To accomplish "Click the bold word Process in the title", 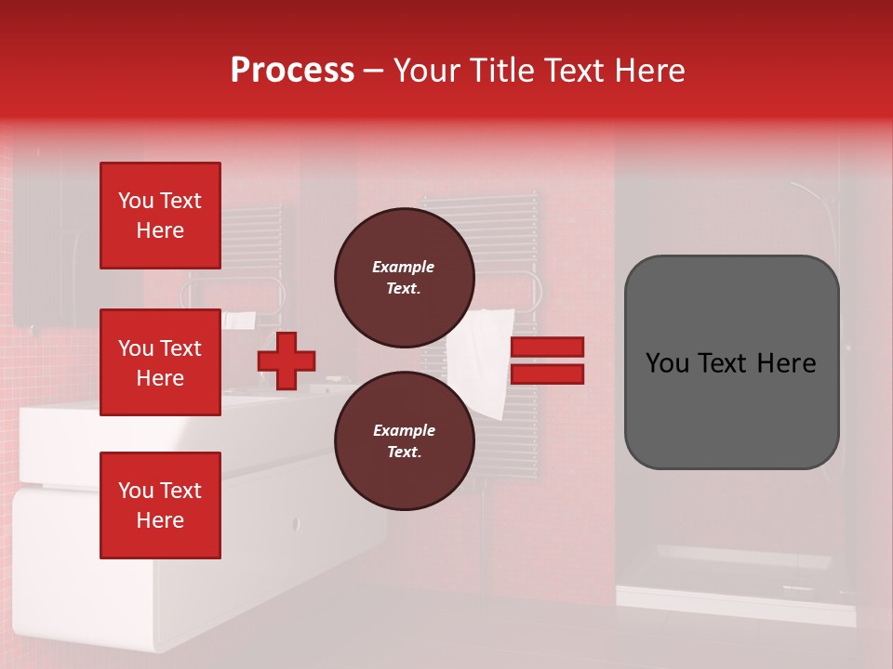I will pos(292,71).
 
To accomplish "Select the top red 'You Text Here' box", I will pos(160,216).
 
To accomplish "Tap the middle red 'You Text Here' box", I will pos(160,362).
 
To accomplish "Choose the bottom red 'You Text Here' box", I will pos(160,505).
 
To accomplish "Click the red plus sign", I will pos(287,361).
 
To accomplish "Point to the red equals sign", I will pos(548,361).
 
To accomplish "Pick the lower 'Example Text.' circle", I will pos(404,441).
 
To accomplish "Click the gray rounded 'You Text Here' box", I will pos(731,362).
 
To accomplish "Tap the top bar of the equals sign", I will pos(548,348).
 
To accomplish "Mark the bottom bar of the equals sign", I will pos(548,374).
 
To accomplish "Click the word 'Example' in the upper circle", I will pos(404,267).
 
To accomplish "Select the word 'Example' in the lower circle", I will pos(404,430).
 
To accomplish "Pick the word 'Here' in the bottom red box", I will pos(160,520).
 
